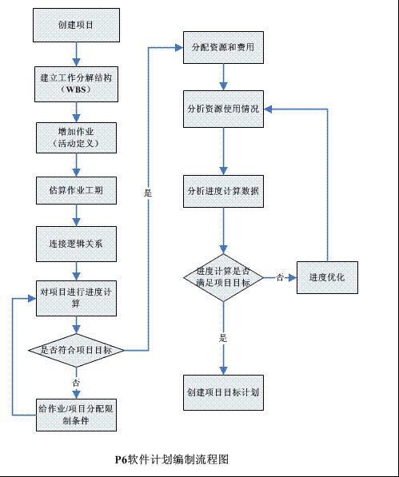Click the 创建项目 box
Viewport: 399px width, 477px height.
(x=76, y=26)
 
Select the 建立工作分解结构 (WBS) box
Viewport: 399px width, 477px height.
(x=76, y=84)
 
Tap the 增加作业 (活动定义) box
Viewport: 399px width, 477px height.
(x=76, y=137)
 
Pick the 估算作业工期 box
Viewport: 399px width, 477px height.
(x=76, y=190)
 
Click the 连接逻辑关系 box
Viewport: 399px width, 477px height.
(x=76, y=244)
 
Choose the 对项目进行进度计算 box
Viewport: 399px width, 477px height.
(x=76, y=299)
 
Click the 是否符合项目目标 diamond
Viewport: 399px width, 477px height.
(x=76, y=351)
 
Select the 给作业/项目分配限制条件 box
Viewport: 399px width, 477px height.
(x=76, y=415)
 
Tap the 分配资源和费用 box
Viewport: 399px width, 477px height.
(x=223, y=47)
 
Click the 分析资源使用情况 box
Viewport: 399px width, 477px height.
(x=223, y=109)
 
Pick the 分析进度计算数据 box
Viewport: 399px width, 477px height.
(x=223, y=191)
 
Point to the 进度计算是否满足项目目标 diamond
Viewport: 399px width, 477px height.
(x=223, y=278)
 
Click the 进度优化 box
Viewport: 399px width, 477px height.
(x=327, y=277)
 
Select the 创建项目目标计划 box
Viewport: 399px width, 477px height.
(x=223, y=392)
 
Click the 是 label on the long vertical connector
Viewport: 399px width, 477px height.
(x=148, y=193)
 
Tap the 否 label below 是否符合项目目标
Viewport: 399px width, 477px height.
(x=76, y=383)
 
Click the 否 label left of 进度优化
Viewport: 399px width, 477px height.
(x=280, y=277)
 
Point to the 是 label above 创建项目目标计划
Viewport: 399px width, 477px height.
(x=223, y=338)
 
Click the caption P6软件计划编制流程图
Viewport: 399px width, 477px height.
(x=172, y=459)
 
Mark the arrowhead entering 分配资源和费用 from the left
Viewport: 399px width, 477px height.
(x=179, y=47)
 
